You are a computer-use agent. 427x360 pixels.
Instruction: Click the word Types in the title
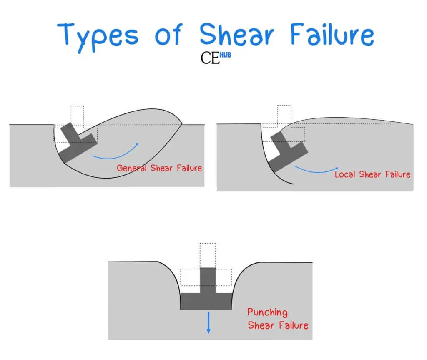(x=98, y=37)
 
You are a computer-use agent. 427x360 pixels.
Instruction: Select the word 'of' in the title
(x=168, y=34)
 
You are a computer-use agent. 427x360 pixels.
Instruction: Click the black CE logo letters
(x=210, y=58)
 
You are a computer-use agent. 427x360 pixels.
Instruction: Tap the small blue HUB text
(x=225, y=55)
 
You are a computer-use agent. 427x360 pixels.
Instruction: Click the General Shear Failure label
(x=159, y=168)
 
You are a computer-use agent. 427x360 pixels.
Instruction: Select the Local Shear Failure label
(x=372, y=174)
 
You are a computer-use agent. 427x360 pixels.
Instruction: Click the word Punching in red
(x=267, y=312)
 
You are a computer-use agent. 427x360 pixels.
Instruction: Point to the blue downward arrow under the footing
(x=208, y=322)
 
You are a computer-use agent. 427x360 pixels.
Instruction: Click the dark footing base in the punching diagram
(x=206, y=302)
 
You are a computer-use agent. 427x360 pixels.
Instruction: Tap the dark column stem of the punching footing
(x=208, y=280)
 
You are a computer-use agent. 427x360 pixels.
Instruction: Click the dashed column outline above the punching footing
(x=208, y=255)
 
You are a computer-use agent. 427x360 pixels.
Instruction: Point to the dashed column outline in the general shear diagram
(x=77, y=116)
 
